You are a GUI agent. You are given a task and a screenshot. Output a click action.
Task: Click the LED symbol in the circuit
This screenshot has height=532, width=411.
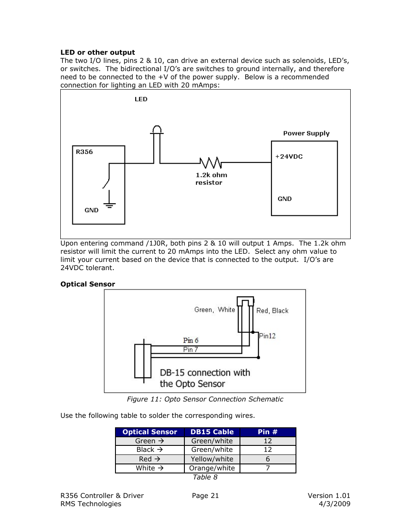[x=157, y=130]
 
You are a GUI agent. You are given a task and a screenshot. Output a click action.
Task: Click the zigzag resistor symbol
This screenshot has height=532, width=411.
[x=211, y=163]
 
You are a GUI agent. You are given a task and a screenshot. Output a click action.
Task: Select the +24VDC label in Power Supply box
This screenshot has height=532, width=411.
[x=289, y=157]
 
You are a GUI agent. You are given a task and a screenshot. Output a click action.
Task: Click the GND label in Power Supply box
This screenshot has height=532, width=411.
[x=284, y=199]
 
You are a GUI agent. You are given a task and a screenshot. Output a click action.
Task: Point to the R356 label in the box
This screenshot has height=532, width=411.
[x=84, y=152]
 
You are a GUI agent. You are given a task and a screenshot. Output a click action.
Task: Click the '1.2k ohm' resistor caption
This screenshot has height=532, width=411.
[x=211, y=175]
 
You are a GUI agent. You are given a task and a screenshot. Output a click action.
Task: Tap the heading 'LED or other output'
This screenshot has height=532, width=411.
[x=98, y=53]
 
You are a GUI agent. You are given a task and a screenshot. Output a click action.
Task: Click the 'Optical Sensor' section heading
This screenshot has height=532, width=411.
[x=88, y=284]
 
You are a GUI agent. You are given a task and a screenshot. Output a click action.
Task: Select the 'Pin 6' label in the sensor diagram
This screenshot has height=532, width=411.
[x=190, y=340]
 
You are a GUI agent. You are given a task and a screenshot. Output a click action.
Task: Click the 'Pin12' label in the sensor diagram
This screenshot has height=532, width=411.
[x=267, y=336]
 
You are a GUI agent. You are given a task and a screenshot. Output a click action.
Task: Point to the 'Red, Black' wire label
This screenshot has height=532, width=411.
[x=272, y=311]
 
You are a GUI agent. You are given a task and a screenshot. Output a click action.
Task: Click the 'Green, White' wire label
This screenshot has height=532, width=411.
[x=215, y=310]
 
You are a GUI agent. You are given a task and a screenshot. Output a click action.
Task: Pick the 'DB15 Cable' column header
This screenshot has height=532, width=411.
[x=212, y=432]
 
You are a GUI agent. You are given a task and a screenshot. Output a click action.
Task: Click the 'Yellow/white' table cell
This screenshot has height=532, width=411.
[x=212, y=459]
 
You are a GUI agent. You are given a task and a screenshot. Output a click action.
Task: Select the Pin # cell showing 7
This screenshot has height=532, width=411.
[x=268, y=468]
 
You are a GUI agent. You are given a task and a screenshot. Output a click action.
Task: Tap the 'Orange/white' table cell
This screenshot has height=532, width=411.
[x=212, y=468]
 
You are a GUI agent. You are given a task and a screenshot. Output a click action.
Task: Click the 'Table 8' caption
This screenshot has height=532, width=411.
[x=205, y=477]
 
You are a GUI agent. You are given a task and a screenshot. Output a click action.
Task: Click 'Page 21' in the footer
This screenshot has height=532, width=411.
[x=205, y=496]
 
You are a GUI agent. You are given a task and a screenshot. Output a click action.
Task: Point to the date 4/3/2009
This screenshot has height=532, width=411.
[x=334, y=504]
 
